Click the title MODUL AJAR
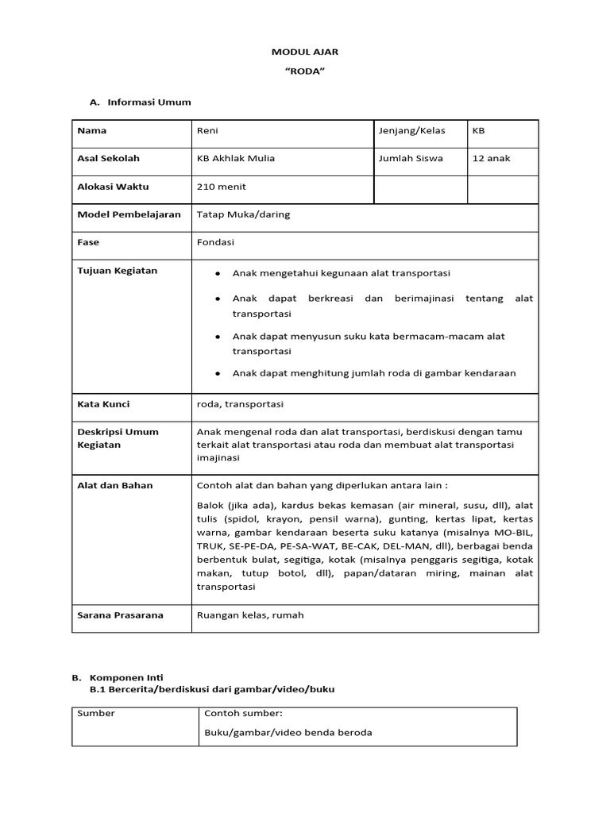[x=305, y=52]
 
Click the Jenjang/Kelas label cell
[x=412, y=131]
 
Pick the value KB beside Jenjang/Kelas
[x=478, y=131]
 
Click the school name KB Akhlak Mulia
[x=236, y=158]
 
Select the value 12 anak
[x=492, y=158]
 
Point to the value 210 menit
[x=221, y=187]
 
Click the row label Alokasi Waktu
[x=113, y=187]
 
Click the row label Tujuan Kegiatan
[x=117, y=271]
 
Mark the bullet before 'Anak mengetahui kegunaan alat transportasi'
[x=217, y=274]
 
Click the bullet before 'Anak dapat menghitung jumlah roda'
[x=217, y=373]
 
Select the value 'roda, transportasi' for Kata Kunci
[x=240, y=403]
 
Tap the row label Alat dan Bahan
[x=114, y=485]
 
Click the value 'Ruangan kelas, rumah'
[x=249, y=615]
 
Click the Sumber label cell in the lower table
[x=96, y=713]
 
